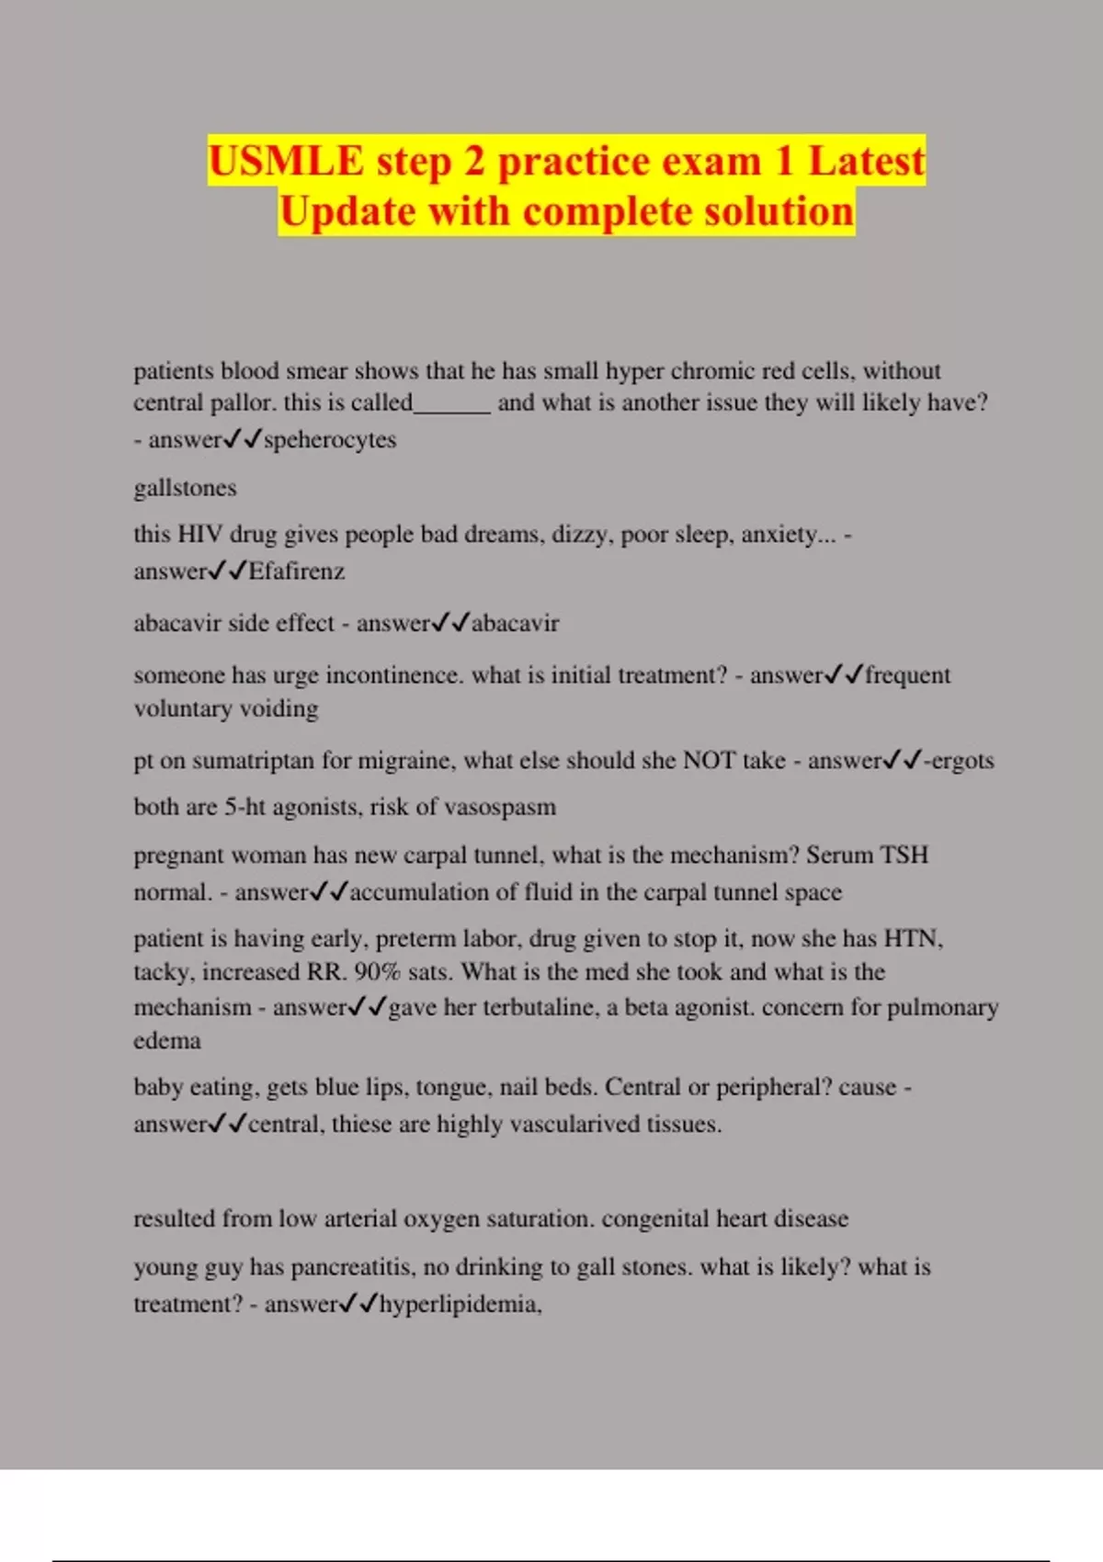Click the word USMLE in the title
[x=286, y=162]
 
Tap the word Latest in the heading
[x=866, y=162]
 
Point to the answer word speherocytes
[x=330, y=440]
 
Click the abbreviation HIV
[x=199, y=535]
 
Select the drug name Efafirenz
[x=296, y=572]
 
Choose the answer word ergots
[x=963, y=761]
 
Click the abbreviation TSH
[x=904, y=855]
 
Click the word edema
[x=167, y=1041]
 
